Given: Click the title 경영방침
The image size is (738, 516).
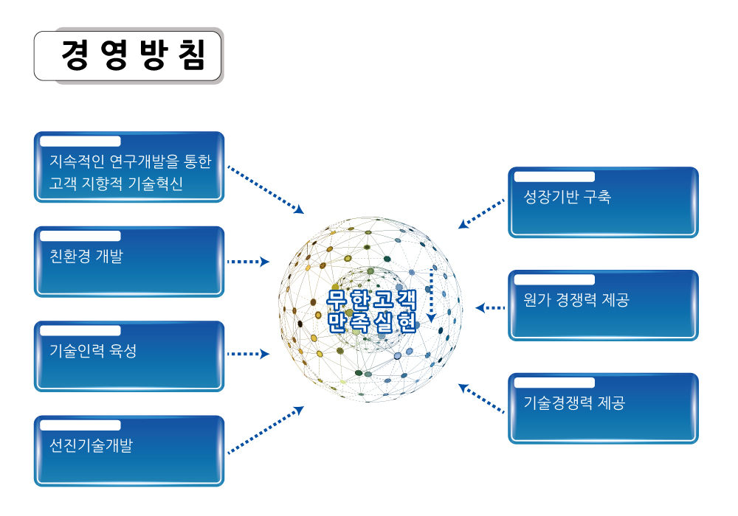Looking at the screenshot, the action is coord(134,55).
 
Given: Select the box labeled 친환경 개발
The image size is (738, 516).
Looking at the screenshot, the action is coord(129,262).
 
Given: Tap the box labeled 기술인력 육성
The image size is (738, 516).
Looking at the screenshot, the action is coord(129,356).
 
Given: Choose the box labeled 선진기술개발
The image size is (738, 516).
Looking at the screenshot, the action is coord(129,450).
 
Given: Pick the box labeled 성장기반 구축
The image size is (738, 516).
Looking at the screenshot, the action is coord(604,202).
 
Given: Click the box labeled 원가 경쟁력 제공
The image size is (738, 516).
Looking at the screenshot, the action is coord(604,305).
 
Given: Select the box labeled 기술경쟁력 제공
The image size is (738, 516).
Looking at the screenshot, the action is coord(604,408).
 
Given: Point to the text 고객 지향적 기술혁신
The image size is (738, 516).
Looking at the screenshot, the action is coord(117,184).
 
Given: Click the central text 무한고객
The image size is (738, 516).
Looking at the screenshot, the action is coord(372,299).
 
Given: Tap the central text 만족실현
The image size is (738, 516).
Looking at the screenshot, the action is coord(372,322).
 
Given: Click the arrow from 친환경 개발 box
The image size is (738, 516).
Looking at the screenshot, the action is coord(248,262).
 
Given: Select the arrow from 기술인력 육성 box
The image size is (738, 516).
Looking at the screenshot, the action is coord(248,354).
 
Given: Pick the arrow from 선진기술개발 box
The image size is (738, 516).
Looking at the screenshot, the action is coord(266,430).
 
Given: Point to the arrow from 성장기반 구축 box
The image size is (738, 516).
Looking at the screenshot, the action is coord(481,214).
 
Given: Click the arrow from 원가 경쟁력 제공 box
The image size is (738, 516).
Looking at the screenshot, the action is coord(490,308).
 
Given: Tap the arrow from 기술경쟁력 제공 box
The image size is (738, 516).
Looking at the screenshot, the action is coord(481,399).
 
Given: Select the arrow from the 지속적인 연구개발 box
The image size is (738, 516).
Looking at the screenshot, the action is coord(266,189).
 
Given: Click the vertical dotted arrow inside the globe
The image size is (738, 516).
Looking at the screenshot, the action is coord(431,296).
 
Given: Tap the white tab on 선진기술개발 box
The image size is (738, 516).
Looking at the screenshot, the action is coord(80,425).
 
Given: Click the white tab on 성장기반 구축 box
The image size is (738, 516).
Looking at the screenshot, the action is coord(554,177).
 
